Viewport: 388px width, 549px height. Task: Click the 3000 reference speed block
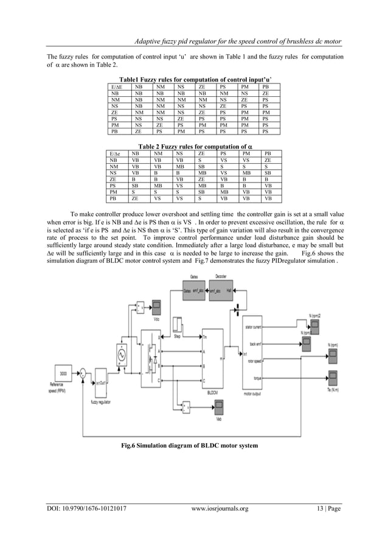pos(63,372)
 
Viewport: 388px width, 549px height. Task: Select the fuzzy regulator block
pos(102,390)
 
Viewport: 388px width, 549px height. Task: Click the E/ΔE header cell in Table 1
pos(114,88)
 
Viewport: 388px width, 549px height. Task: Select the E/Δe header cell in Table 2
pos(114,154)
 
